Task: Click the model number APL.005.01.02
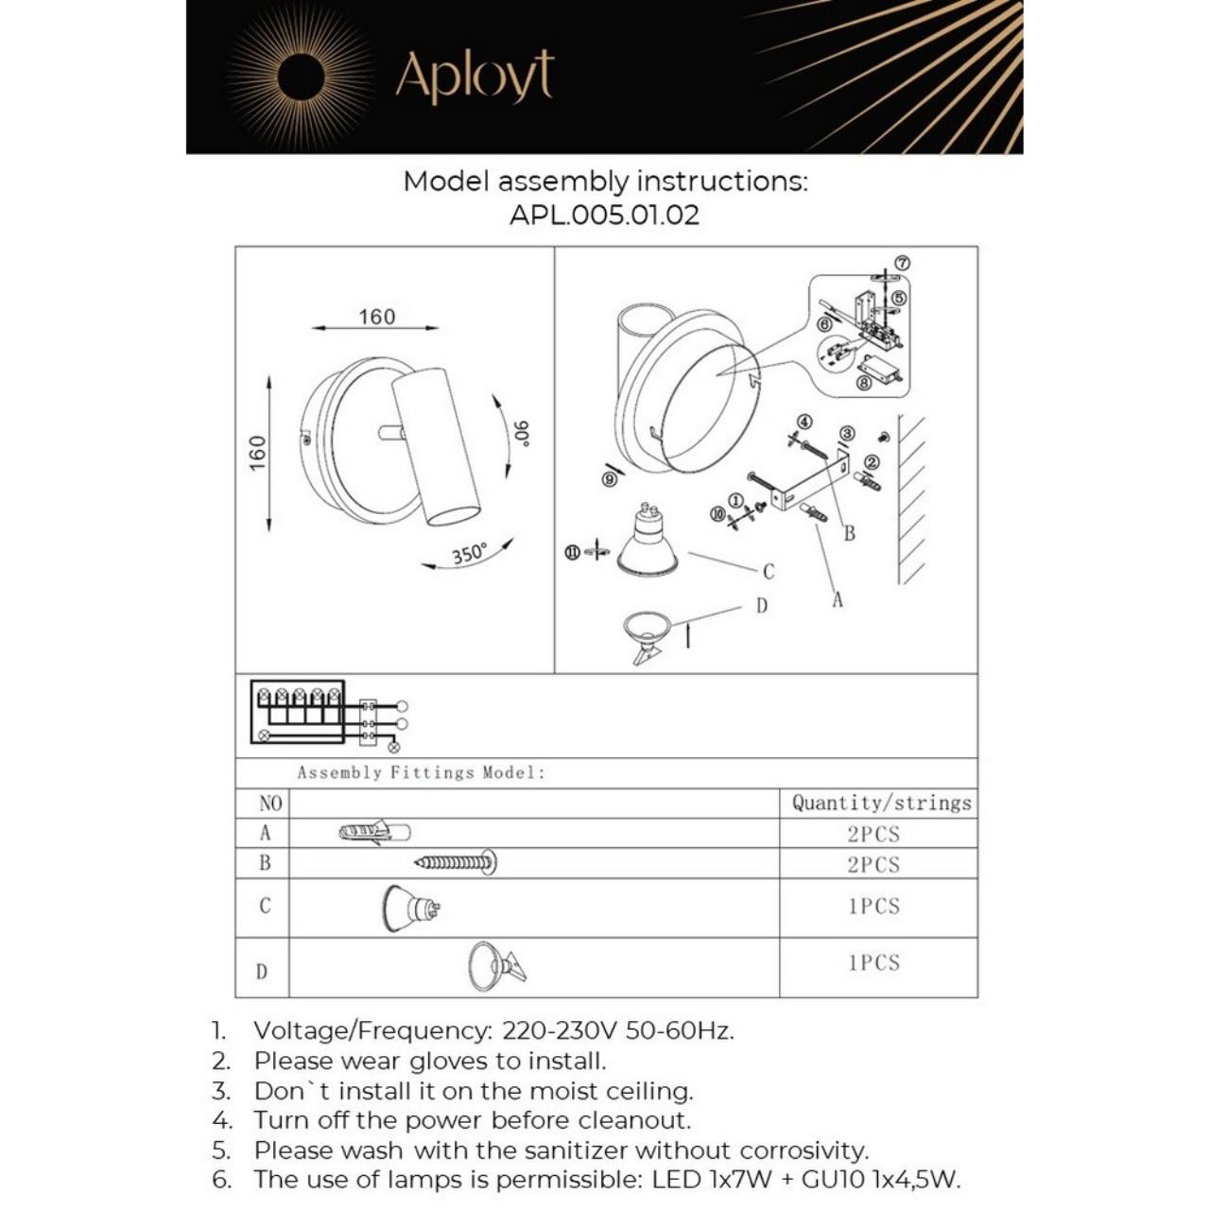(x=604, y=215)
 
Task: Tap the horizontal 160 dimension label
(x=376, y=317)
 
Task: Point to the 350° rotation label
(x=470, y=553)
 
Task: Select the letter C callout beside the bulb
(x=769, y=571)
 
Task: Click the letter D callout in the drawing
(x=762, y=606)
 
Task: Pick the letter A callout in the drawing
(x=838, y=599)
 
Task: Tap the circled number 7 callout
(x=902, y=264)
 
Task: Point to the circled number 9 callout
(x=610, y=479)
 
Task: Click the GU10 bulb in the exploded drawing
(x=648, y=544)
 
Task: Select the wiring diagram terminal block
(x=297, y=712)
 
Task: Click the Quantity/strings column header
(x=881, y=804)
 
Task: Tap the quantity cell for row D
(x=873, y=963)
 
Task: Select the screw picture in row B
(x=457, y=862)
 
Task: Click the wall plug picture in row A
(x=374, y=833)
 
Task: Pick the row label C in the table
(x=265, y=906)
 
